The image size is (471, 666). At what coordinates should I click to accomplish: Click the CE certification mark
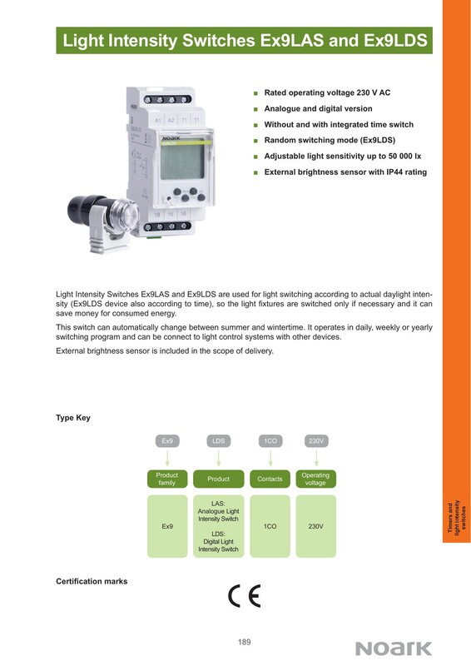pos(244,596)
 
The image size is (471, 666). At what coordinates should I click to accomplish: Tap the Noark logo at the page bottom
pos(394,649)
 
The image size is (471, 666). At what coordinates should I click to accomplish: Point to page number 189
pos(244,642)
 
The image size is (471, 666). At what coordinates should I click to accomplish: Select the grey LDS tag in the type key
pos(218,441)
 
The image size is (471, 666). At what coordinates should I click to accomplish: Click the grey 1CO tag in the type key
pos(270,441)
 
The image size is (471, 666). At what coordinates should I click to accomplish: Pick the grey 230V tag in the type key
pos(316,441)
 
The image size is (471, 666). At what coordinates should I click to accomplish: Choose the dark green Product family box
pos(167,479)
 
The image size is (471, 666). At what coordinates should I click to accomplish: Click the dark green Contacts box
pos(270,479)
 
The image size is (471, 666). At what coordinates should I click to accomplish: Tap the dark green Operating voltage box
pos(315,479)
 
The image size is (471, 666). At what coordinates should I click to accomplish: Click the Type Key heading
pos(73,418)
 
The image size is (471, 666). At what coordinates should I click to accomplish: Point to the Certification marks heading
pos(92,581)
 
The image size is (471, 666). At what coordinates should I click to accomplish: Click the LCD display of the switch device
pos(183,162)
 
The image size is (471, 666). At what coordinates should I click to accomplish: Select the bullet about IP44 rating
pos(345,172)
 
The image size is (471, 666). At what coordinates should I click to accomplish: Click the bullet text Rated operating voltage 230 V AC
pos(327,92)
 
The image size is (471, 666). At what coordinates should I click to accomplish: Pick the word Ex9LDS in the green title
pos(395,40)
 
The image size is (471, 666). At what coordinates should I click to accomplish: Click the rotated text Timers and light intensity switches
pos(457,516)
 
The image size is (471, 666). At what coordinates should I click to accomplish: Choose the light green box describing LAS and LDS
pos(218,526)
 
